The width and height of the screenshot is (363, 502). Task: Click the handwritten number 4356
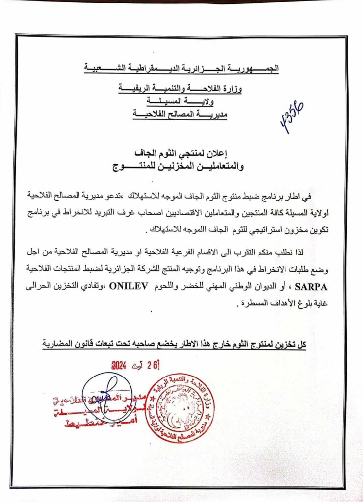[292, 118]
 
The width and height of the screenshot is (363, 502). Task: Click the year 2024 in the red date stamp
[119, 365]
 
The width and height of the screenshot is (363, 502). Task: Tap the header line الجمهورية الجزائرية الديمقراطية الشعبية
[181, 69]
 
